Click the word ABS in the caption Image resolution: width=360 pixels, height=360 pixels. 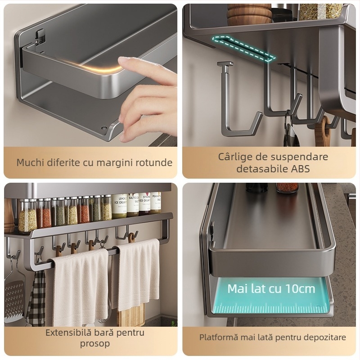[x=301, y=169]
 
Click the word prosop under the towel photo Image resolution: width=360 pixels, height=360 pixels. [x=95, y=344]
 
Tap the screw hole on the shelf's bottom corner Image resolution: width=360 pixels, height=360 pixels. [x=104, y=127]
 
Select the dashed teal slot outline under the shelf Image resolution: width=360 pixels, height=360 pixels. [x=243, y=48]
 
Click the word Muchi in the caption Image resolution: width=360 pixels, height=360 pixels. [x=30, y=162]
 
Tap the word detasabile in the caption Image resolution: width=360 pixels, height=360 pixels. [x=262, y=169]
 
